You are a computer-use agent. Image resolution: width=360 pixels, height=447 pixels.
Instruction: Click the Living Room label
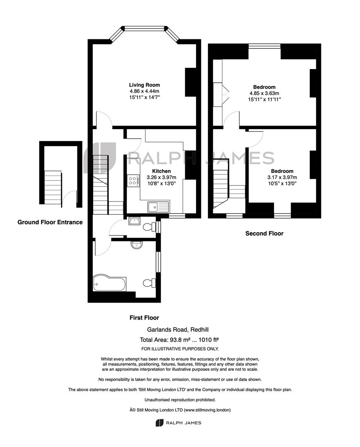[x=144, y=85]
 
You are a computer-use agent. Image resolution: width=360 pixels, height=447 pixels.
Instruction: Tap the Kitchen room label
[x=161, y=171]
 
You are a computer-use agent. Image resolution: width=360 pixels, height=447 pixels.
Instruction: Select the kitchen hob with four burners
[x=133, y=180]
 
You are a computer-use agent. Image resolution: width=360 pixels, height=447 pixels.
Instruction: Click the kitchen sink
[x=158, y=207]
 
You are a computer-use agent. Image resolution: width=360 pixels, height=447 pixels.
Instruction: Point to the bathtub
[x=109, y=283]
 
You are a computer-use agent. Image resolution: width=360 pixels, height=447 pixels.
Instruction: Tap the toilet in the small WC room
[x=149, y=227]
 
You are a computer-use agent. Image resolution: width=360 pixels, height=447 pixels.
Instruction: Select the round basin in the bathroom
[x=137, y=245]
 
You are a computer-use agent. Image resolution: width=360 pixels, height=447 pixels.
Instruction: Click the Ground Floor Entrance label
[x=50, y=222]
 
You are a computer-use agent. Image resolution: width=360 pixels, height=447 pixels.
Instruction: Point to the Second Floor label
[x=264, y=233]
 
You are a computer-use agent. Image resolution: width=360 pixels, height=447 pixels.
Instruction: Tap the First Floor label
[x=144, y=317]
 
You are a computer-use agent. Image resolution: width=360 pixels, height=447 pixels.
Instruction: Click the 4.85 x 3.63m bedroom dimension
[x=264, y=93]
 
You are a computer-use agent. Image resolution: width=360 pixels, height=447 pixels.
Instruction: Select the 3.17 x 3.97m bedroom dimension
[x=282, y=177]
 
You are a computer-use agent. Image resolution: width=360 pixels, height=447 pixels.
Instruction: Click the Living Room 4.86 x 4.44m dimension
[x=144, y=91]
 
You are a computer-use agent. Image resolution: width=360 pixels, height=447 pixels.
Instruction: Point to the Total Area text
[x=179, y=339]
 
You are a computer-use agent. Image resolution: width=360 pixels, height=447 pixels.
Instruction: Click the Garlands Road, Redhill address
[x=178, y=329]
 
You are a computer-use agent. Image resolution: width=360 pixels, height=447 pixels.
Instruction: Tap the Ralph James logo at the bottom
[x=179, y=423]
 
